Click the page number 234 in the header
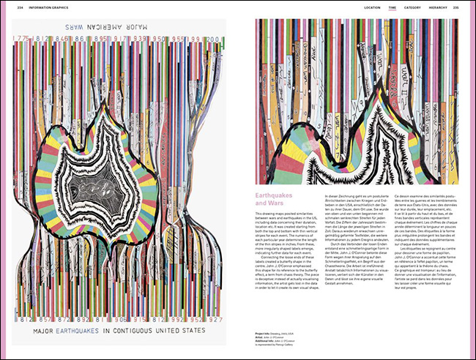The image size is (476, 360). [x=10, y=7]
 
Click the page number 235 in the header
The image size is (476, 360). [x=455, y=7]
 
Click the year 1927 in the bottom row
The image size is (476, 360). [x=215, y=320]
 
